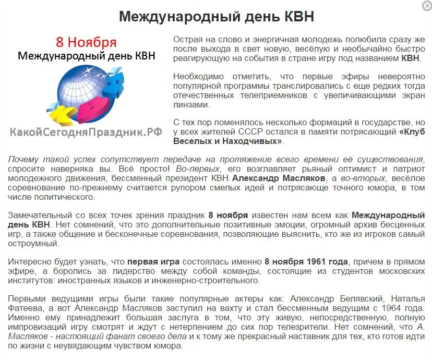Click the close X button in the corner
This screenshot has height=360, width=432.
tap(426, 5)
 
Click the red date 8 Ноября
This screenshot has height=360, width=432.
tap(86, 42)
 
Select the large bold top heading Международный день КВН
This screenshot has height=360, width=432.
tap(217, 17)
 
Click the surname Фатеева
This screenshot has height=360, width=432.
tap(22, 308)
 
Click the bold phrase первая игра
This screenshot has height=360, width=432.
tap(153, 261)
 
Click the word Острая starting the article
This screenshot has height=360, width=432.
tap(187, 40)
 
